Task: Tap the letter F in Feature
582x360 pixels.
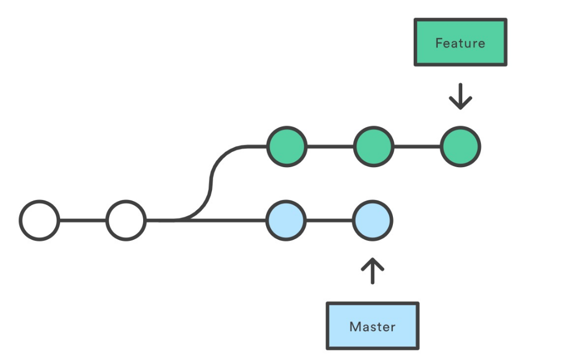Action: [439, 43]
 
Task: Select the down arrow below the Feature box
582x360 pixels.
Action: [460, 97]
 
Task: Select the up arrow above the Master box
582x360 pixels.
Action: [372, 271]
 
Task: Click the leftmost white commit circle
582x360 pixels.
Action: [39, 221]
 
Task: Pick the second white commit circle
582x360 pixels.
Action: [126, 221]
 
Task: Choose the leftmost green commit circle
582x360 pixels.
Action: [286, 146]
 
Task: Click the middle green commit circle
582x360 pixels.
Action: [373, 146]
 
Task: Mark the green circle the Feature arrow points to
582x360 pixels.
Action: [461, 146]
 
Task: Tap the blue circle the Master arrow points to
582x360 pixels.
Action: [372, 221]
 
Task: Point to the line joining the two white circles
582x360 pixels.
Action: [83, 221]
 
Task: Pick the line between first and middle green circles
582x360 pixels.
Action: [330, 146]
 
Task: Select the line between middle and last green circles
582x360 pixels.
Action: [417, 146]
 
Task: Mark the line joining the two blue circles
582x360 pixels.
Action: [329, 221]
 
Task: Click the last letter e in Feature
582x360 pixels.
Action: [481, 43]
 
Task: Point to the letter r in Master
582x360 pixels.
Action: [393, 328]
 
